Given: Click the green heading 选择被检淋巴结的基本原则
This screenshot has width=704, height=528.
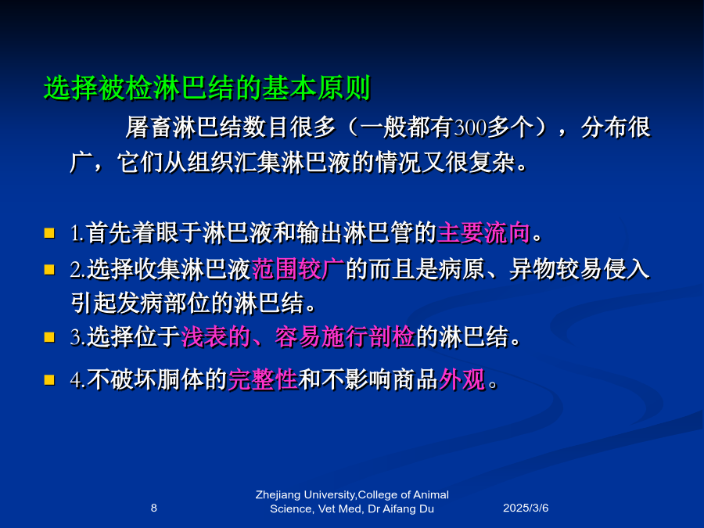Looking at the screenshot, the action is tap(207, 88).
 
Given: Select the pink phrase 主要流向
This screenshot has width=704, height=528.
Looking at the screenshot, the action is tap(483, 233).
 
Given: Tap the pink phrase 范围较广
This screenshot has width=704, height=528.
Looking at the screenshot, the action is tap(298, 269).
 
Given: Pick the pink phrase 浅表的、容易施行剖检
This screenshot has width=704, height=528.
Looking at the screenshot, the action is tap(298, 336).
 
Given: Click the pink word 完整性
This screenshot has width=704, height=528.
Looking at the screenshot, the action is tap(263, 379).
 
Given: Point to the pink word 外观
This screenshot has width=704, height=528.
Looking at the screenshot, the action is tap(462, 379).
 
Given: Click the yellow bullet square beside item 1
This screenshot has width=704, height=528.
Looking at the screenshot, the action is tap(49, 233).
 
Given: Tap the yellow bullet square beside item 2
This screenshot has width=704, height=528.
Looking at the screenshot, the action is tap(49, 269).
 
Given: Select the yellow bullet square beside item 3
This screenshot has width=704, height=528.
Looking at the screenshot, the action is tap(49, 337).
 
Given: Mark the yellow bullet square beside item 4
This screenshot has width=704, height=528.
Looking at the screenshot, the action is tap(49, 380).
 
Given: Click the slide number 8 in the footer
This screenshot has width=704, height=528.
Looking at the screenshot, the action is tap(154, 508).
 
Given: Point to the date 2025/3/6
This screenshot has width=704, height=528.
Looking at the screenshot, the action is tap(526, 508).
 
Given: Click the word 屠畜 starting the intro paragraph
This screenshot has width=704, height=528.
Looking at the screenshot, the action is tap(149, 128).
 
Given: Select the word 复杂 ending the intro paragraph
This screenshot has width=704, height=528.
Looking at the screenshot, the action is tap(493, 162).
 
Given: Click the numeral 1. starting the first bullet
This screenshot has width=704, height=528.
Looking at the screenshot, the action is tap(77, 233).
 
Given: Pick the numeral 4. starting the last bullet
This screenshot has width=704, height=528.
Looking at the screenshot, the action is tap(77, 380).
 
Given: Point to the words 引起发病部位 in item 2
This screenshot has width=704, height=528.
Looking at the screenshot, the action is tap(141, 303).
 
